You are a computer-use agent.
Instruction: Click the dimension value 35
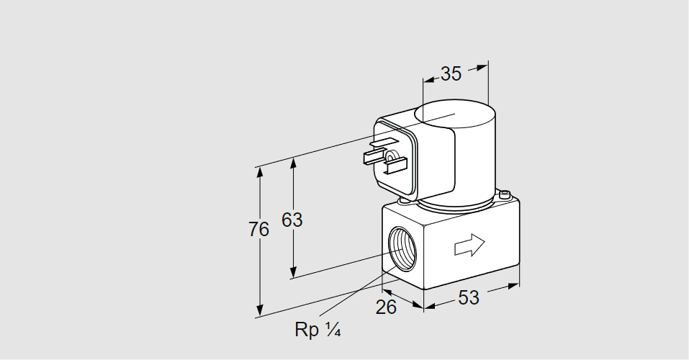click(451, 73)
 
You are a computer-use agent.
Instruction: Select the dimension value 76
click(258, 230)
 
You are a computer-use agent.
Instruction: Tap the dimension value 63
click(292, 220)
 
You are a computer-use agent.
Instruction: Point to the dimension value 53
click(469, 297)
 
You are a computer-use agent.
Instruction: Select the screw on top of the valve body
click(505, 194)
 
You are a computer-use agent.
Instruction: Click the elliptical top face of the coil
click(455, 114)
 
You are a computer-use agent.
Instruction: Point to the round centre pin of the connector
click(390, 157)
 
